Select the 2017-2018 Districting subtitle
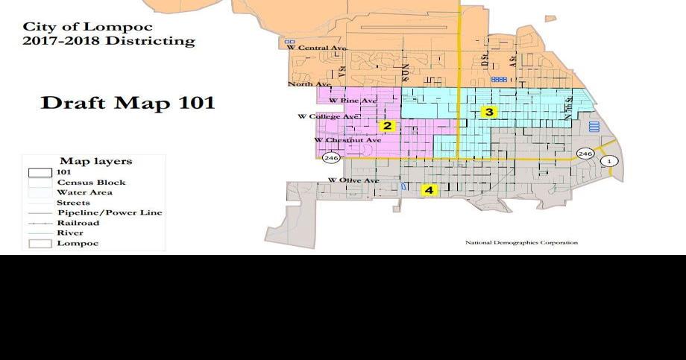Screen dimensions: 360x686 [x=108, y=41]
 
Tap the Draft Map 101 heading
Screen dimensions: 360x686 [x=128, y=103]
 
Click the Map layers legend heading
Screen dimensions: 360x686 [x=95, y=161]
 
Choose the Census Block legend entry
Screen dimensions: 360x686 [x=91, y=183]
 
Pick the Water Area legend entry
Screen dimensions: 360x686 [x=84, y=192]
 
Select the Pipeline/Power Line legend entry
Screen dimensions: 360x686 [x=110, y=213]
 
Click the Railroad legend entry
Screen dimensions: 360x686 [x=78, y=223]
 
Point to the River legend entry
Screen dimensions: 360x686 [x=70, y=233]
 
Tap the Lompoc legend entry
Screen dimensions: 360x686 [x=78, y=243]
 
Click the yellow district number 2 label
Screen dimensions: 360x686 [x=387, y=126]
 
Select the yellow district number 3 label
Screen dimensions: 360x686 [x=488, y=113]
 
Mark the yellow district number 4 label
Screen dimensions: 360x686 [x=429, y=190]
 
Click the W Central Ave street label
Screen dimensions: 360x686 [x=318, y=48]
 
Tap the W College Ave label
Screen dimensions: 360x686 [x=329, y=117]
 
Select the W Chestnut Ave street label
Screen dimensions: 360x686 [x=347, y=140]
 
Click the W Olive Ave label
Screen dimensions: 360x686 [x=354, y=181]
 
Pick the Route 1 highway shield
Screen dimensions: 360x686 [x=610, y=161]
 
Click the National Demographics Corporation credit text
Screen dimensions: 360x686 [x=521, y=242]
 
